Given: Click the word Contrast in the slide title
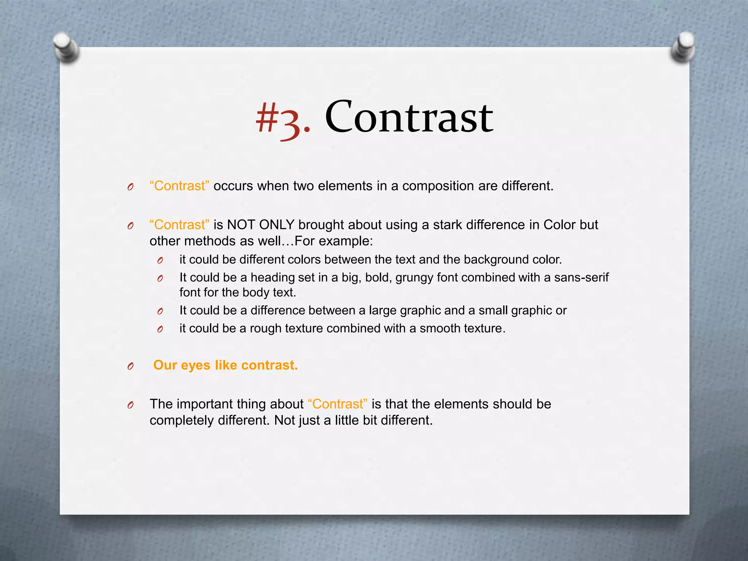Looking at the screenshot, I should [x=409, y=117].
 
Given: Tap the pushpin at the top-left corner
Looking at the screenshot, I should [x=66, y=47].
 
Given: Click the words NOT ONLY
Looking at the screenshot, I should [x=261, y=225].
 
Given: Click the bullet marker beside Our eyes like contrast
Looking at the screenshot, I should [x=130, y=366].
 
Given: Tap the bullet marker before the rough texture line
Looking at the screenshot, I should [x=160, y=329].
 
